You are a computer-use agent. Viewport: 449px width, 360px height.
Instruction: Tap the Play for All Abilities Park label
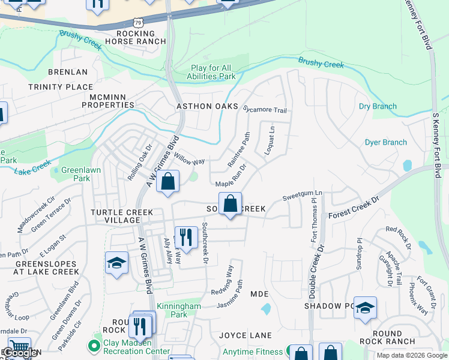(x=213, y=72)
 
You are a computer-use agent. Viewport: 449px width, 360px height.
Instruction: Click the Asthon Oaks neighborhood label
(x=203, y=106)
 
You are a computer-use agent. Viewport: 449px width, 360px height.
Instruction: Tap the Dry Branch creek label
(x=378, y=106)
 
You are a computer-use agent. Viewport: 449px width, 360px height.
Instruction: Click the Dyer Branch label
(x=385, y=142)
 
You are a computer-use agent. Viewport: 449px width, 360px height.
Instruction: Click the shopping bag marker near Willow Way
(x=168, y=182)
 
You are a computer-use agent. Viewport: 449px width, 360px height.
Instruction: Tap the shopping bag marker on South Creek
(x=230, y=204)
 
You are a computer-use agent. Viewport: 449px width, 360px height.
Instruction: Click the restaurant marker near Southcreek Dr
(x=186, y=237)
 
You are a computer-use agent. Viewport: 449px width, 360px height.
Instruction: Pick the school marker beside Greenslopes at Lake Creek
(x=116, y=263)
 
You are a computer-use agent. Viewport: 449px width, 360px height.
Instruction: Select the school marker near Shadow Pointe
(x=365, y=308)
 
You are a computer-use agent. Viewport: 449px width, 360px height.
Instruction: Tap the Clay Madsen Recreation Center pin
(x=93, y=346)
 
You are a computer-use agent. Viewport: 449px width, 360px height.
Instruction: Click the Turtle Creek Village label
(x=122, y=216)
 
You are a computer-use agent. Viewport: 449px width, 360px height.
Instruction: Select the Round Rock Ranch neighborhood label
(x=393, y=337)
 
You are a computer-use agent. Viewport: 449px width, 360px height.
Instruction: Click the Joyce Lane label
(x=245, y=335)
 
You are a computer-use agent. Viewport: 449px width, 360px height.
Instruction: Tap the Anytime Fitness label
(x=252, y=352)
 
